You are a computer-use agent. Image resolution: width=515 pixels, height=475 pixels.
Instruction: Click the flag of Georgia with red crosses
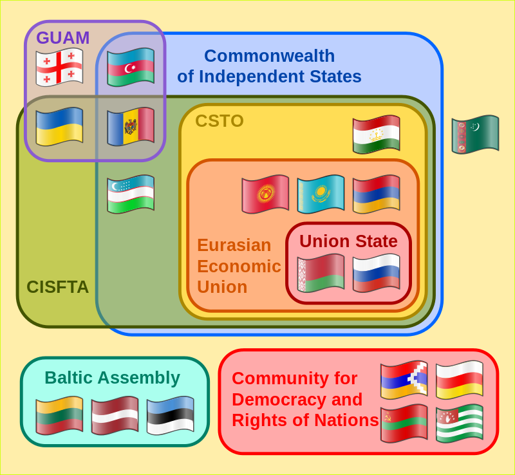(x=59, y=68)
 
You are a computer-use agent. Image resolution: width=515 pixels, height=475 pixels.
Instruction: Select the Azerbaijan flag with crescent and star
(x=131, y=68)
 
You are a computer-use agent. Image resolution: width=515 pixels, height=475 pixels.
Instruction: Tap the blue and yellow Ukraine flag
(x=59, y=126)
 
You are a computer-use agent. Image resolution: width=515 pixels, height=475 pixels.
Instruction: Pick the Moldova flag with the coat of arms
(x=131, y=126)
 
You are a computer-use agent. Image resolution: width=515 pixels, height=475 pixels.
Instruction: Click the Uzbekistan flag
(x=131, y=194)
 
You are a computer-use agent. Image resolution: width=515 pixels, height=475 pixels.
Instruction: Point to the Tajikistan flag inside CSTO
(x=377, y=135)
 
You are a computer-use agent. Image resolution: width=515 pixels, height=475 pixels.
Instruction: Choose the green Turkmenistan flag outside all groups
(x=475, y=135)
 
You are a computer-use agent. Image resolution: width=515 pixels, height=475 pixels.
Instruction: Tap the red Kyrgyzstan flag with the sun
(x=265, y=194)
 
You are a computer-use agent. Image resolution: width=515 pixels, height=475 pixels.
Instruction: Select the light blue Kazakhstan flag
(x=321, y=194)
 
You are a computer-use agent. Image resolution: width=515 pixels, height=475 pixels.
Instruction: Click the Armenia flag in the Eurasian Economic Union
(x=377, y=194)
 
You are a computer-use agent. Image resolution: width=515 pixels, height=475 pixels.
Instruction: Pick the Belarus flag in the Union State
(x=321, y=273)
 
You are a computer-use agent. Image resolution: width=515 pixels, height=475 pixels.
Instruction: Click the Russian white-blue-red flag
(x=377, y=273)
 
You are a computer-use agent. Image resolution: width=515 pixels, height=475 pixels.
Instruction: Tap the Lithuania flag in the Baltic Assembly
(x=59, y=416)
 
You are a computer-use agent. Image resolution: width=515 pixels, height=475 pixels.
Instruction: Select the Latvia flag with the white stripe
(x=115, y=416)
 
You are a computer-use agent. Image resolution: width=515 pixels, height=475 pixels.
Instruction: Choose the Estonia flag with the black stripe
(x=171, y=416)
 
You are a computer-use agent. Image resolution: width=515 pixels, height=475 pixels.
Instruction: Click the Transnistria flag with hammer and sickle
(x=404, y=424)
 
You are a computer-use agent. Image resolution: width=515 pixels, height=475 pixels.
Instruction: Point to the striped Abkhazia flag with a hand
(x=460, y=424)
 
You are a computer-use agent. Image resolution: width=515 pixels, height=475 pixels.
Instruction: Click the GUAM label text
(x=62, y=38)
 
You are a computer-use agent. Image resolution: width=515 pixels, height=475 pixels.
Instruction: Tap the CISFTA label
(x=57, y=287)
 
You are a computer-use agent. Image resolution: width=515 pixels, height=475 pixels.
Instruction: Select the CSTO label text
(x=220, y=121)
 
